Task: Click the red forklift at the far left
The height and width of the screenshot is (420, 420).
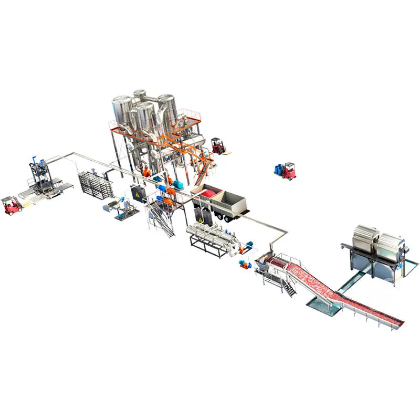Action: (x=11, y=204)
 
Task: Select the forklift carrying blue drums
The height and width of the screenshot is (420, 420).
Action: (x=287, y=170)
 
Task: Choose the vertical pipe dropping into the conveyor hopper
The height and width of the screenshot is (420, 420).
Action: (x=270, y=247)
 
